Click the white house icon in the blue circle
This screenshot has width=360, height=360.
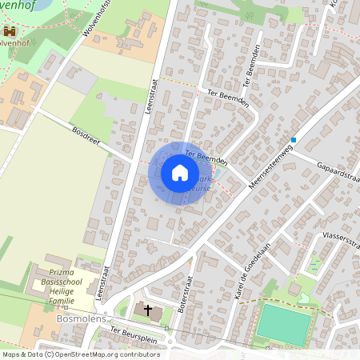179,173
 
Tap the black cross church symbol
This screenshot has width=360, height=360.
147,309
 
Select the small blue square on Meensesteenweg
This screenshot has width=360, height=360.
294,140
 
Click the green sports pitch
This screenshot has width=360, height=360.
283,324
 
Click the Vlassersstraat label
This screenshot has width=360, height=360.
334,240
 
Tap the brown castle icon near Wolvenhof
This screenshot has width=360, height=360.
10,31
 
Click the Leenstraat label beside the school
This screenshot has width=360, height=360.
102,284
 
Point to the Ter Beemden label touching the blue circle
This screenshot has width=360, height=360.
206,157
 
